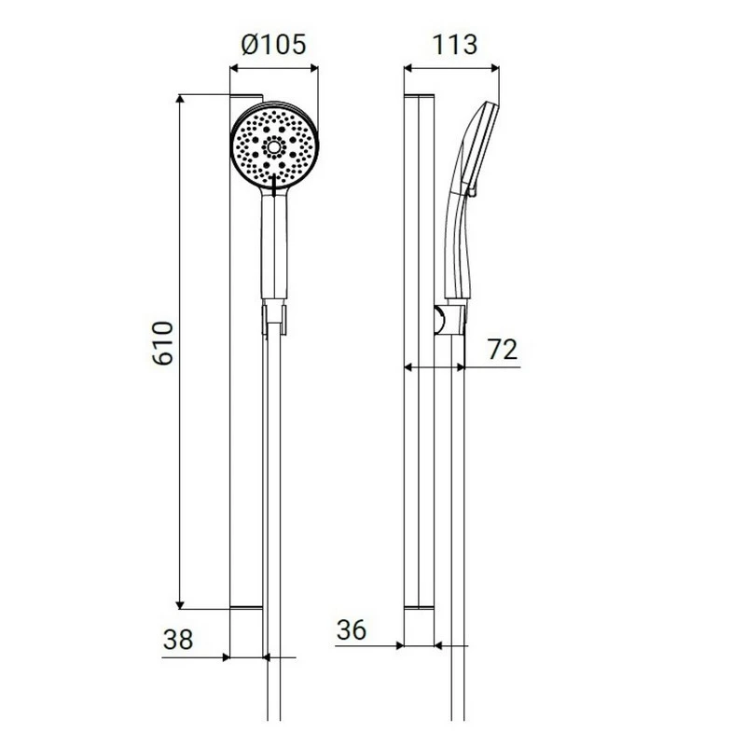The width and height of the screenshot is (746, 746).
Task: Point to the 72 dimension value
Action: tap(502, 350)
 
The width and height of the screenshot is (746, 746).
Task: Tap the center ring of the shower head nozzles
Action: tap(275, 146)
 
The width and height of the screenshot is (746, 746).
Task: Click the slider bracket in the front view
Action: tap(275, 317)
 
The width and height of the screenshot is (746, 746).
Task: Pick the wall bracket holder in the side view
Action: tap(449, 319)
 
